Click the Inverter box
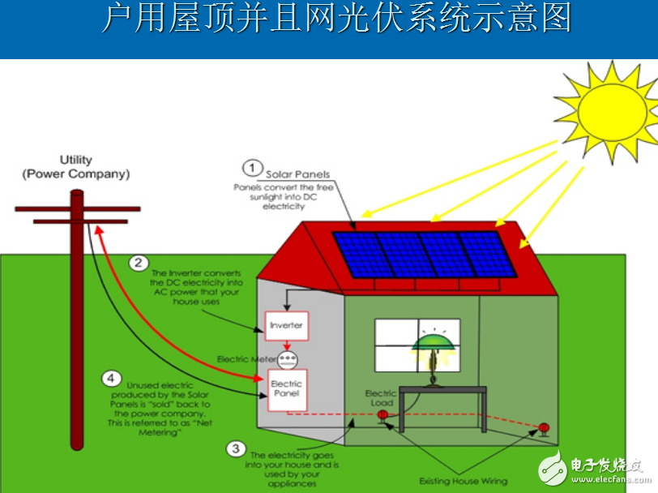[x=286, y=325]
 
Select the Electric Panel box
[x=286, y=389]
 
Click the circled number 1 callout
[x=252, y=169]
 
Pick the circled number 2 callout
[x=139, y=263]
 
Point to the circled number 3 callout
[x=235, y=448]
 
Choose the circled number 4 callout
[x=111, y=378]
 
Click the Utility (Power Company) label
[x=76, y=167]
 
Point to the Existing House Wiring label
[x=463, y=481]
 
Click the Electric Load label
[x=379, y=398]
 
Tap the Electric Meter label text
[x=246, y=358]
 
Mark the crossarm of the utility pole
[x=78, y=209]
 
